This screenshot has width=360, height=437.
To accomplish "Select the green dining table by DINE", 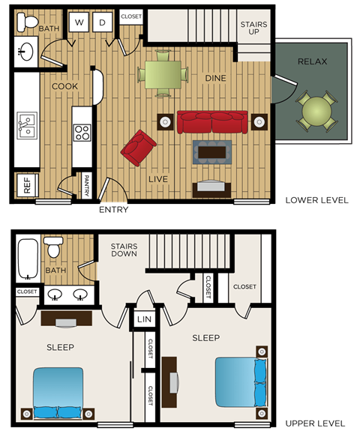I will (x=161, y=73).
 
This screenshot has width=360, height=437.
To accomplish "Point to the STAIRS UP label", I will (x=253, y=29).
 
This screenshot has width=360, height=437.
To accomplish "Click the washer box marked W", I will (x=78, y=23).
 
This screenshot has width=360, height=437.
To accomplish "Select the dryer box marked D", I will (x=101, y=23).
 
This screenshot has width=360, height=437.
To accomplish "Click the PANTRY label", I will (x=87, y=185).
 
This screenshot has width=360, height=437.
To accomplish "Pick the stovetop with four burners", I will (x=81, y=133).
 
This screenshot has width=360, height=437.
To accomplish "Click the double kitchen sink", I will (x=27, y=126).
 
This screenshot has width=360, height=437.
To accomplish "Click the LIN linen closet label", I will (x=144, y=320).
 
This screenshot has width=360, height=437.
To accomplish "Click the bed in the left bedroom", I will (x=58, y=390).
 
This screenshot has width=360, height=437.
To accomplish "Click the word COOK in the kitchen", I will (x=65, y=86).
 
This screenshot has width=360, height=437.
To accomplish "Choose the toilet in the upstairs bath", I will (x=54, y=247).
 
